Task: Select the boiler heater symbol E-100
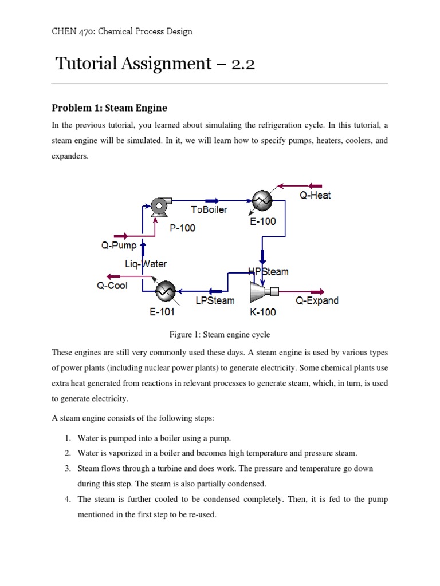[262, 201]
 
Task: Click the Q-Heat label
[315, 195]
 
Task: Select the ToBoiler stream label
[209, 209]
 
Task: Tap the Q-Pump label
[119, 246]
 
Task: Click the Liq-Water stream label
[146, 264]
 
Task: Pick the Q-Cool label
[112, 286]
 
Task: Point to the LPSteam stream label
[215, 300]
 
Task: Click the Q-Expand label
[317, 300]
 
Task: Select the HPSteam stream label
[268, 271]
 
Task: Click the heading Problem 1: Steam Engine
[109, 108]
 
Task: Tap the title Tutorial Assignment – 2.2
[155, 63]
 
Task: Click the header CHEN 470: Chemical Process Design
[122, 31]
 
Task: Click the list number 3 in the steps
[66, 468]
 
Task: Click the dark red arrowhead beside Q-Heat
[315, 185]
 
